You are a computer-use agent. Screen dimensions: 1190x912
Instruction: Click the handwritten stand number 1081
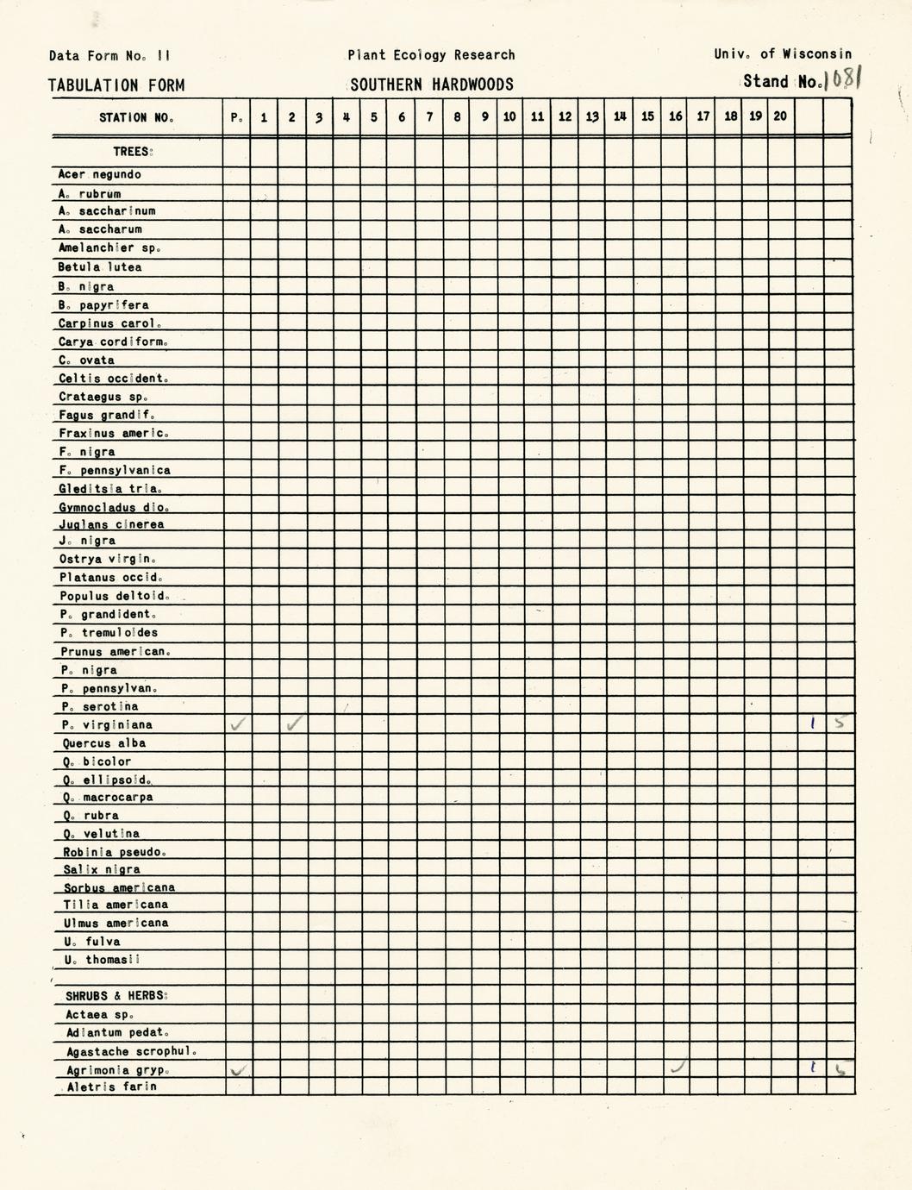tap(843, 79)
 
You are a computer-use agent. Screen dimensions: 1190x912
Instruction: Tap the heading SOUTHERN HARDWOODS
tap(431, 85)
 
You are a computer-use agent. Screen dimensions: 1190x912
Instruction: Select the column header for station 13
tap(592, 117)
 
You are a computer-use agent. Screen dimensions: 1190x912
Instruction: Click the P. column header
tap(236, 117)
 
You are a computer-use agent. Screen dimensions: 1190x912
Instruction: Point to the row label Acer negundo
tap(99, 175)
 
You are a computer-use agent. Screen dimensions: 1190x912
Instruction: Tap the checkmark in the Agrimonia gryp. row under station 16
tap(678, 1068)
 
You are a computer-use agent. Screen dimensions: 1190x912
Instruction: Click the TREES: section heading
tap(133, 152)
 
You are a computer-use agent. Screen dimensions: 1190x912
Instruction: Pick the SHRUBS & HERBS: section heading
tap(116, 996)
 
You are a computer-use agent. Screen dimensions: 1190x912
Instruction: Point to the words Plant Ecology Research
tap(431, 55)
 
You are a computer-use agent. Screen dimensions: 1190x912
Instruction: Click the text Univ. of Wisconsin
tap(782, 54)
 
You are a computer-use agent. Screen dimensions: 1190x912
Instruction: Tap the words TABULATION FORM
tap(116, 85)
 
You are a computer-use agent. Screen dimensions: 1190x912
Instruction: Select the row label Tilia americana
tap(116, 905)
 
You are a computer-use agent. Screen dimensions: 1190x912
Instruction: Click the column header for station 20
tap(780, 116)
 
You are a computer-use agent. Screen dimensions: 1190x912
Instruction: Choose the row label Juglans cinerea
tap(111, 524)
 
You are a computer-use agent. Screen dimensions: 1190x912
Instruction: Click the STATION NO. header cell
tap(136, 117)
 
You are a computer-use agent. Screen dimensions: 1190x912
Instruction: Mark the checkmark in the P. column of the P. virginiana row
tap(237, 725)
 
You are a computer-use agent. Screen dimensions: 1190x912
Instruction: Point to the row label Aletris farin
tap(111, 1087)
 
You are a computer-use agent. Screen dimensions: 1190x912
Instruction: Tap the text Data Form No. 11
tap(109, 56)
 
